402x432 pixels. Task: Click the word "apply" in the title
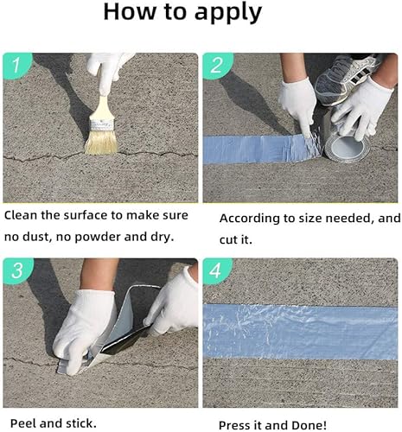click(228, 13)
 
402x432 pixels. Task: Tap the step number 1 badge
click(16, 66)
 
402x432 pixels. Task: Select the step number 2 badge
click(217, 66)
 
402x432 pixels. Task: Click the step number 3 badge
click(17, 270)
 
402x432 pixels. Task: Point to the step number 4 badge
click(216, 270)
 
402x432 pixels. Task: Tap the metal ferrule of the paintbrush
click(100, 124)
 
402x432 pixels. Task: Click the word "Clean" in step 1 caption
click(21, 215)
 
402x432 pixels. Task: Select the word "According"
click(249, 219)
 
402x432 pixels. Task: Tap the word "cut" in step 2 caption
click(229, 240)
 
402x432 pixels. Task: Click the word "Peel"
click(23, 423)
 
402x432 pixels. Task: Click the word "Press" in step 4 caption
click(233, 425)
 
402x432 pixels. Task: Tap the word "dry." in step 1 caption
click(163, 238)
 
